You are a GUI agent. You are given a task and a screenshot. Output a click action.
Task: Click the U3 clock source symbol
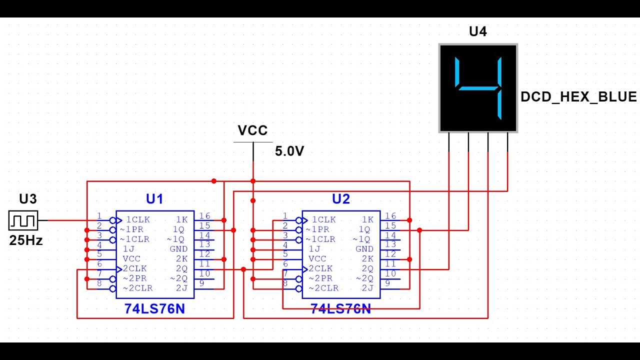(x=23, y=220)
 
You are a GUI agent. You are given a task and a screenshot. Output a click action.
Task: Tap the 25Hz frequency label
(x=26, y=240)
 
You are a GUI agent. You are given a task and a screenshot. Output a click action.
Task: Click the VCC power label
(x=252, y=130)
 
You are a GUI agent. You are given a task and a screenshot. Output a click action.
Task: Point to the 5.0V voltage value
(x=289, y=151)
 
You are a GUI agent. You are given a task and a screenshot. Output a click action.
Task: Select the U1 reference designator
(x=154, y=199)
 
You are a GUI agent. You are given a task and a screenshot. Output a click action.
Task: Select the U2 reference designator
(x=341, y=199)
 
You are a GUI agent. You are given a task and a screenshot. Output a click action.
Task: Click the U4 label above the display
(x=477, y=31)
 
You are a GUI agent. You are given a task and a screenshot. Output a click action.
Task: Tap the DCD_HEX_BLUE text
(x=578, y=96)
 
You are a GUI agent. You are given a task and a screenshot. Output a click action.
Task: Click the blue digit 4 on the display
(x=478, y=88)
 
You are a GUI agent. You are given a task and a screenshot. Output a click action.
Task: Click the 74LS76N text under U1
(x=154, y=309)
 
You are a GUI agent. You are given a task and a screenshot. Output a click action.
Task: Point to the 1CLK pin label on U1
(x=137, y=219)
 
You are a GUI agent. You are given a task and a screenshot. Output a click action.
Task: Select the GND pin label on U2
(x=364, y=249)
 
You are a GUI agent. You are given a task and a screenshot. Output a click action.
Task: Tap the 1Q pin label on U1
(x=179, y=229)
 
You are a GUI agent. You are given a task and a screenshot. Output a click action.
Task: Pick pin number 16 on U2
(x=390, y=216)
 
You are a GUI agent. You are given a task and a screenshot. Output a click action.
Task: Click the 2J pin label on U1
(x=181, y=288)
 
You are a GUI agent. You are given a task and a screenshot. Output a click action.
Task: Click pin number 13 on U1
(x=204, y=244)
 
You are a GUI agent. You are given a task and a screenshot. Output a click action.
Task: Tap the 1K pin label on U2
(x=367, y=219)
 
